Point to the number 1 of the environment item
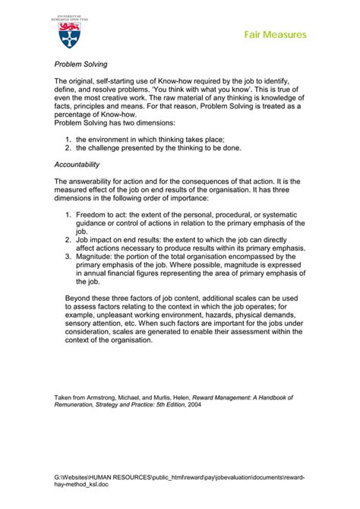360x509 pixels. [68, 140]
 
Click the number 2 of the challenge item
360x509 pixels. [68, 148]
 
